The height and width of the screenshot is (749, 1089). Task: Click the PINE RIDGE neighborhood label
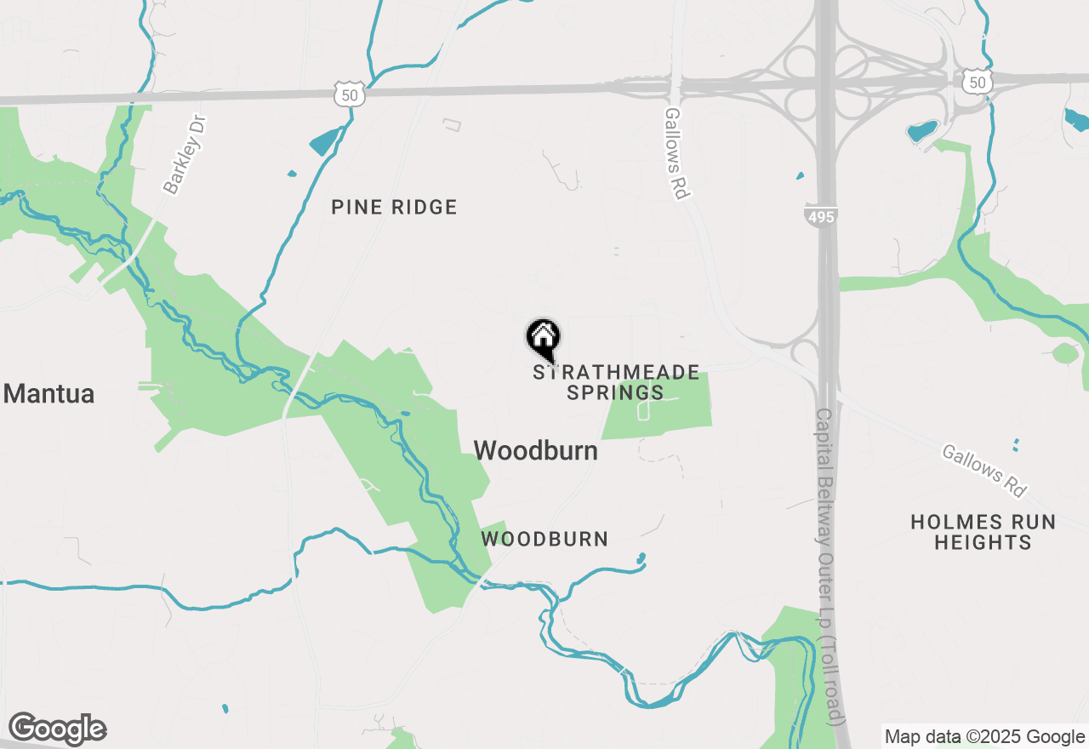[x=394, y=207]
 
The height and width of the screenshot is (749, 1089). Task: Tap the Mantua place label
[x=48, y=394]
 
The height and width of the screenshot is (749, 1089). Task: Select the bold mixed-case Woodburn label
[x=535, y=450]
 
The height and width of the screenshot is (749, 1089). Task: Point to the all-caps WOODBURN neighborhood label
[x=544, y=539]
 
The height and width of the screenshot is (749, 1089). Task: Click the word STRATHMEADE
[x=616, y=373]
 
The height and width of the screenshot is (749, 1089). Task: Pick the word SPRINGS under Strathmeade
[x=615, y=392]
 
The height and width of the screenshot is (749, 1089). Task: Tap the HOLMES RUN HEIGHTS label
[x=983, y=531]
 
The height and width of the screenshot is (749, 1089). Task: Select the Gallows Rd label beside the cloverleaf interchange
[x=676, y=153]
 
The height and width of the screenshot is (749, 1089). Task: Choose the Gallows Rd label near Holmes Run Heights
[x=984, y=470]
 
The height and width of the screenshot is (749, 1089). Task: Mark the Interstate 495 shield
[x=821, y=216]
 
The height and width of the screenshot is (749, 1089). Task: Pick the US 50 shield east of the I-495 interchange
[x=976, y=82]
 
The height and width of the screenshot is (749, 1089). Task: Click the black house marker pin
[x=543, y=338]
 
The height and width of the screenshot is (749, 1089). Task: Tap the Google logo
[x=57, y=729]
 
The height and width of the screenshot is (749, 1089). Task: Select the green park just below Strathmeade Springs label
[x=659, y=406]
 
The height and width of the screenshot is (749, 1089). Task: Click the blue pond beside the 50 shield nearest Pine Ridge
[x=324, y=141]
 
